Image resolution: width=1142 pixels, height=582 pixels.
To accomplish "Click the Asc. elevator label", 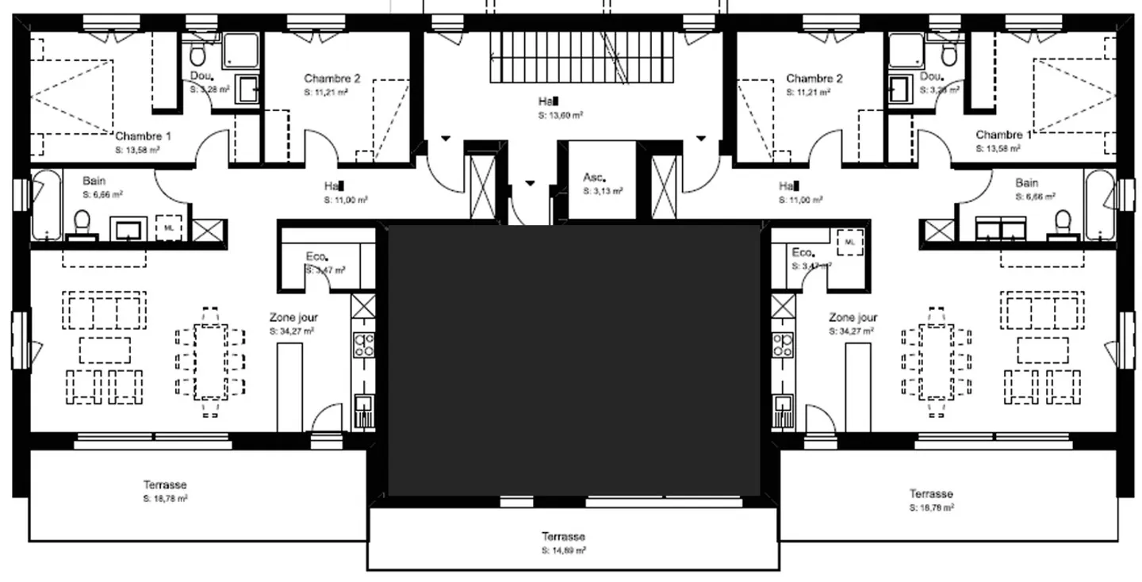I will click(x=595, y=178).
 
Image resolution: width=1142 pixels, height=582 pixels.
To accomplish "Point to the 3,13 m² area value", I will click(x=603, y=191).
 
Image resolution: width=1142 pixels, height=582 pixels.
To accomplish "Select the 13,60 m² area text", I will click(x=560, y=115).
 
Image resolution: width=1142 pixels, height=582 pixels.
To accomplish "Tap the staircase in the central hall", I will click(x=583, y=57).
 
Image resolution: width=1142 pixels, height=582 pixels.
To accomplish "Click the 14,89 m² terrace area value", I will click(x=564, y=550).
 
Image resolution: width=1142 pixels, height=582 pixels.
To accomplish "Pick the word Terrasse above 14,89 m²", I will click(x=563, y=537).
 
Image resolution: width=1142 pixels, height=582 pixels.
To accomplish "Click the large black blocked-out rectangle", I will click(x=573, y=361).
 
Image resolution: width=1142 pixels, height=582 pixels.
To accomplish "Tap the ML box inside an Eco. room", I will click(x=849, y=241).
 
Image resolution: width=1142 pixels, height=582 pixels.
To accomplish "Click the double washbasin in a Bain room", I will click(x=1001, y=229).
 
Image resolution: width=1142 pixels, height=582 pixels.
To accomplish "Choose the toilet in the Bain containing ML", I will click(x=82, y=224).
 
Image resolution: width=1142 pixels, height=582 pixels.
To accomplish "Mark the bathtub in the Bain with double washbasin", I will click(x=1098, y=205).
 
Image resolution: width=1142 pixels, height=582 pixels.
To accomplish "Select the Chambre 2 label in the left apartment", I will click(x=332, y=78).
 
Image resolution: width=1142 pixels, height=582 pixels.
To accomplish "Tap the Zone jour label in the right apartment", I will click(x=853, y=317).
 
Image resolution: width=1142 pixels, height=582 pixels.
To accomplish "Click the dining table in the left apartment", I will click(x=211, y=361).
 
